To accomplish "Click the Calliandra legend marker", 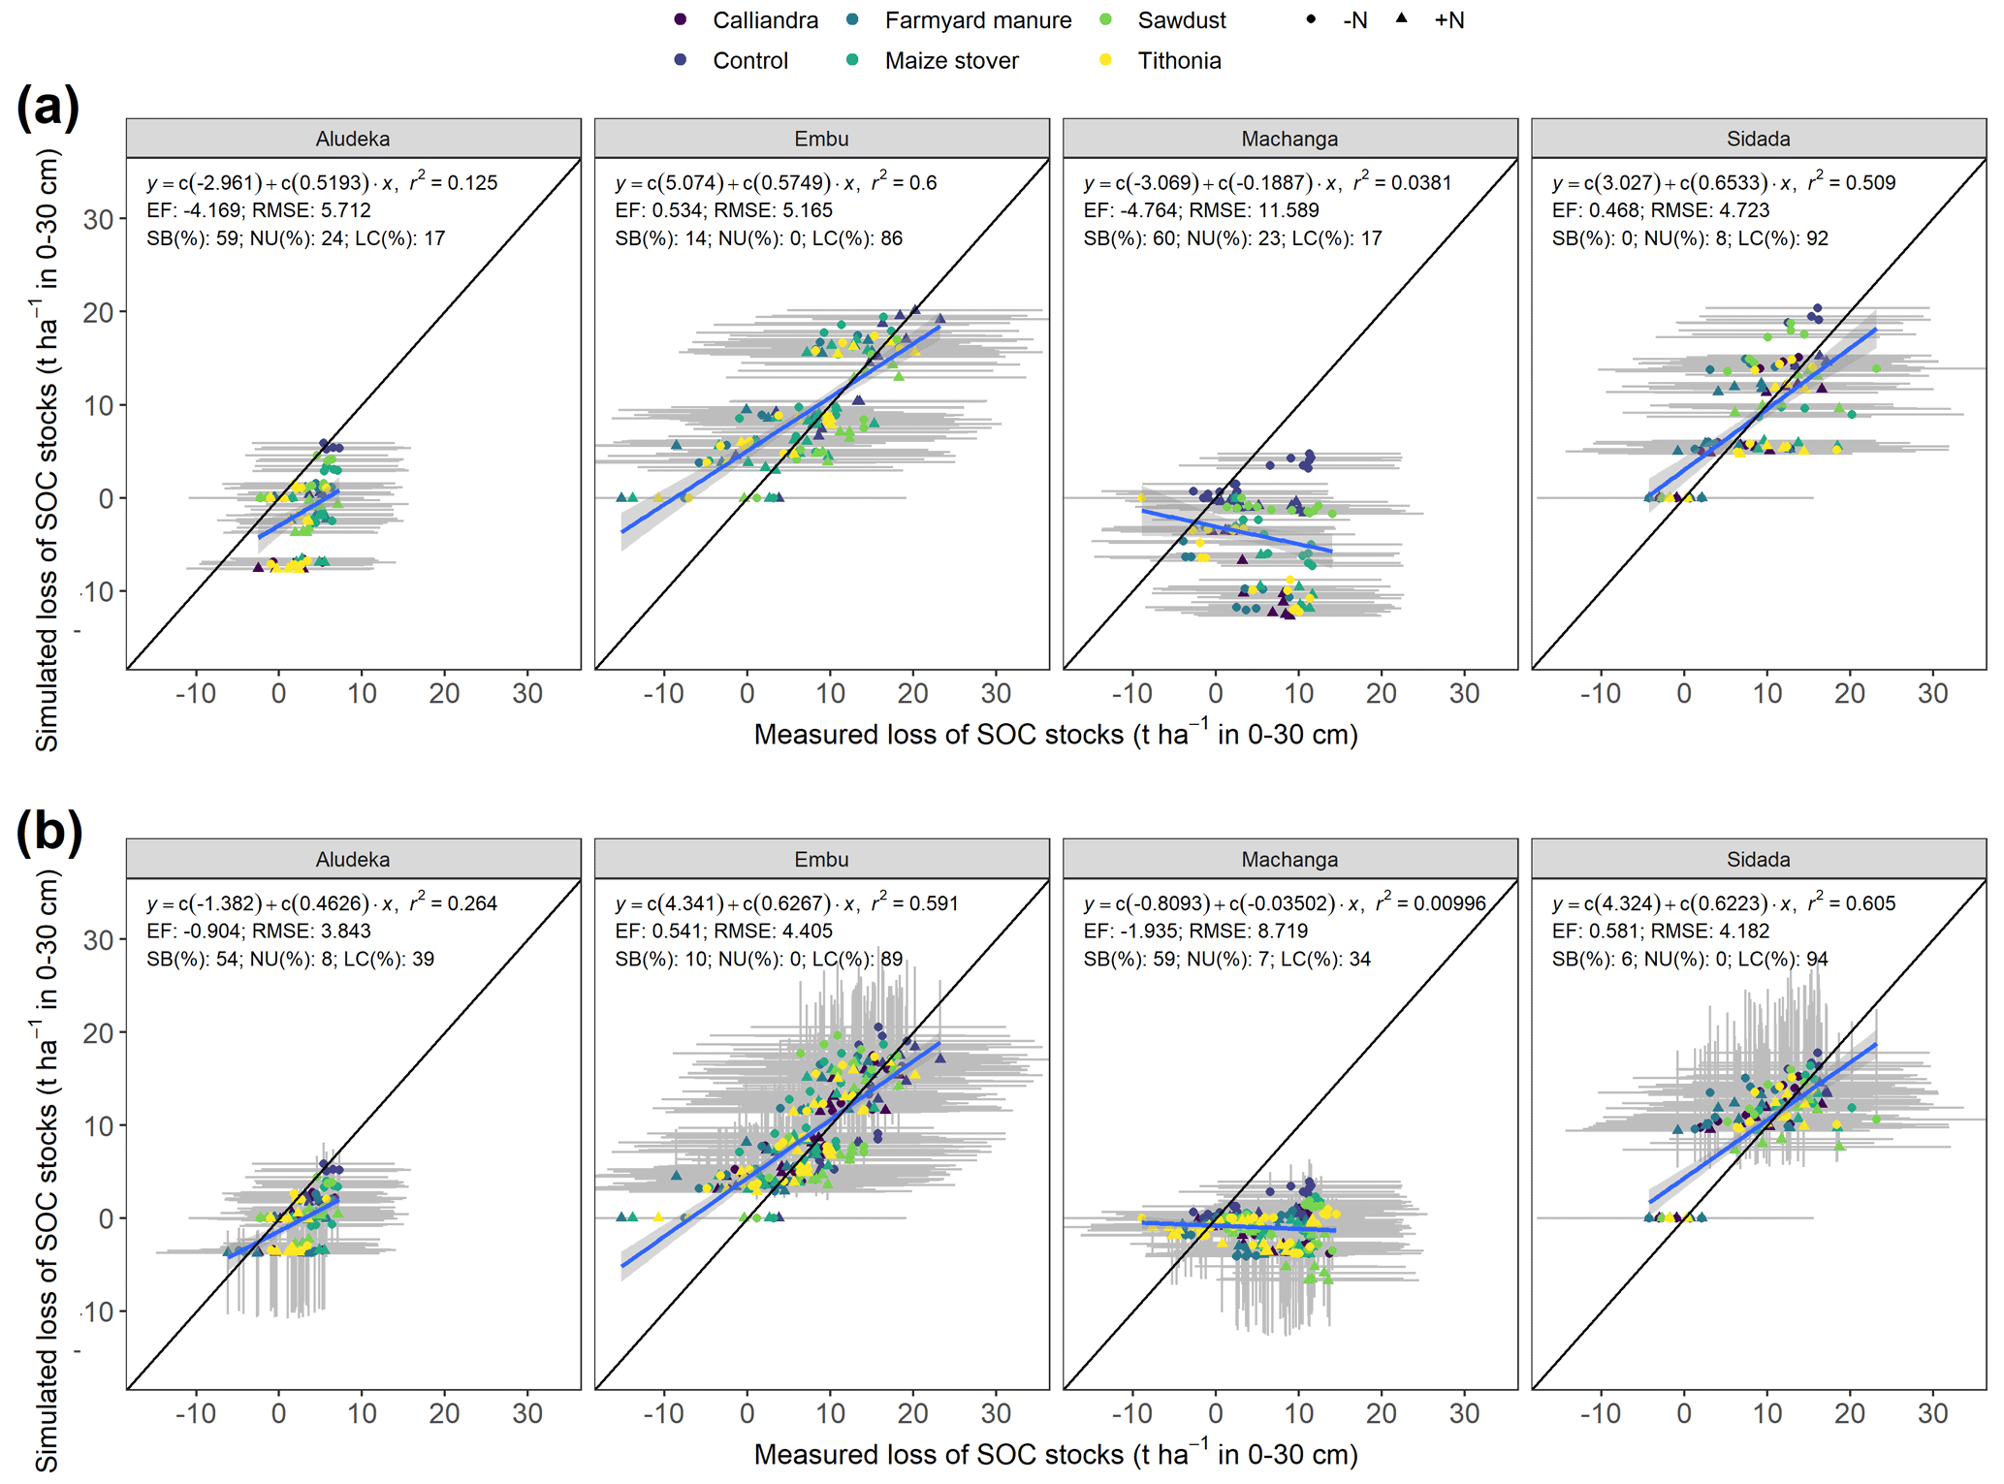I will click(x=681, y=19).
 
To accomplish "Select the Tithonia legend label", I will click(x=1179, y=60).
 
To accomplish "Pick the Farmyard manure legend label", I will click(x=977, y=20).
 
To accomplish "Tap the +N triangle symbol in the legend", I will click(x=1402, y=18).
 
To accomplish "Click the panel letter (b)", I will click(x=48, y=832).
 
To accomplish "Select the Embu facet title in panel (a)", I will click(x=821, y=139).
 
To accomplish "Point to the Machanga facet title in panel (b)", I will click(x=1289, y=859).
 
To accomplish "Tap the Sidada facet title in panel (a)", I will click(x=1758, y=139).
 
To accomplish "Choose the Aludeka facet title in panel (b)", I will click(x=353, y=859).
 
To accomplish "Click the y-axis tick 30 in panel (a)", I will click(x=98, y=219).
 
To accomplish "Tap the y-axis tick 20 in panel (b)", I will click(x=98, y=1032).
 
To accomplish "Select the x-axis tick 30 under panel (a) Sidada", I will click(x=1932, y=693).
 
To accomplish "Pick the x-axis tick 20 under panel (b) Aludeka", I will click(x=444, y=1413).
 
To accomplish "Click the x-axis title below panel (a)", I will click(x=1055, y=735).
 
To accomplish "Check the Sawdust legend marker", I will click(x=1106, y=19).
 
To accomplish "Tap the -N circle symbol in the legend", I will click(x=1311, y=18).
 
